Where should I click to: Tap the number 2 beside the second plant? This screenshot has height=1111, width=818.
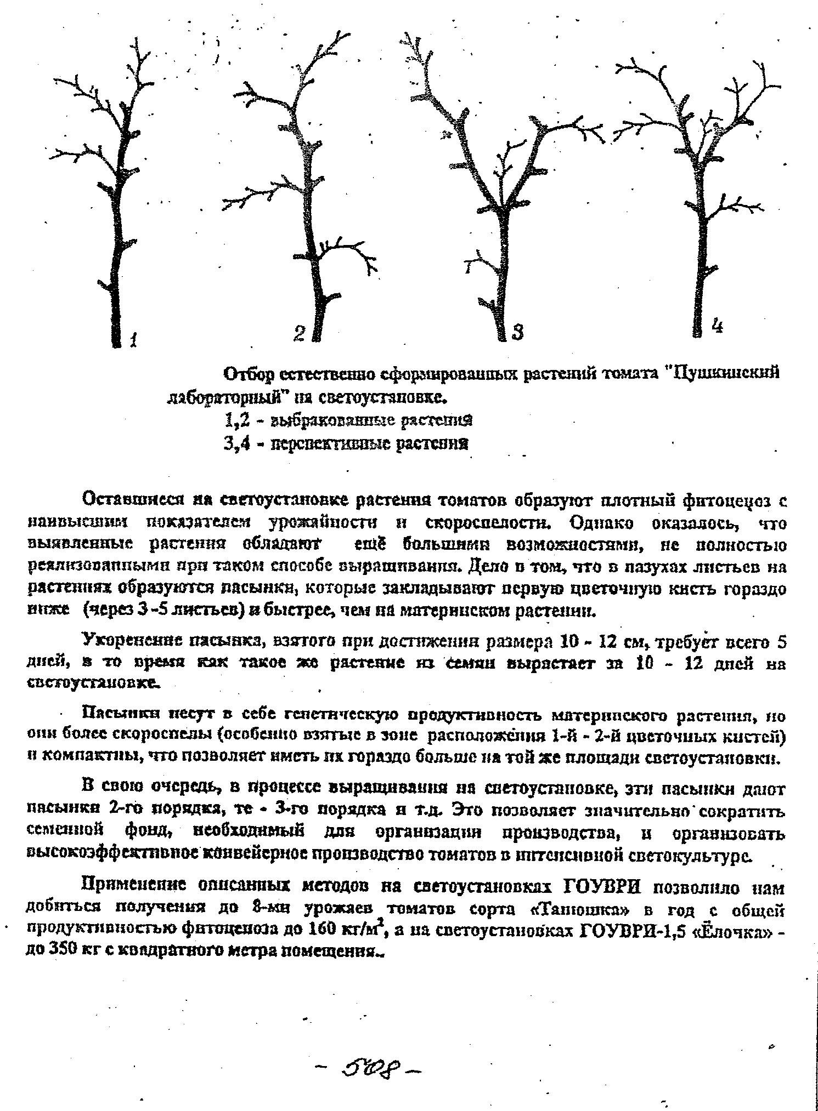(299, 333)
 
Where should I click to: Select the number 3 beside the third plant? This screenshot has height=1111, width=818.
(517, 332)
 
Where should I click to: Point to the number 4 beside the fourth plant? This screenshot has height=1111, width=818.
(717, 326)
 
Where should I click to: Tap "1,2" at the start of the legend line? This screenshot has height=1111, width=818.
(236, 420)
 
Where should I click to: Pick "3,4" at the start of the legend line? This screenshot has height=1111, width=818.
(236, 443)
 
